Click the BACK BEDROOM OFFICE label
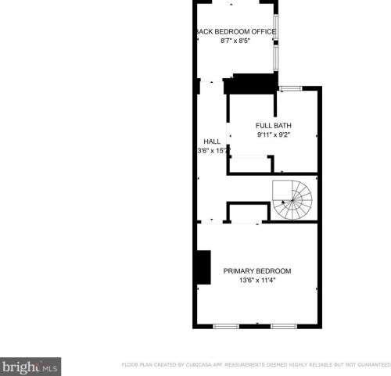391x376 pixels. click(x=235, y=31)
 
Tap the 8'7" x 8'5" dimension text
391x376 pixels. click(x=235, y=41)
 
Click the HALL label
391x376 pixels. click(x=212, y=141)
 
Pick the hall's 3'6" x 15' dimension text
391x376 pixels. click(x=212, y=150)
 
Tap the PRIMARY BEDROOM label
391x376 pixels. click(x=257, y=271)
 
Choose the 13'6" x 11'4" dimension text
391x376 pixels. click(x=257, y=281)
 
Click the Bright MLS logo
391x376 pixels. click(x=30, y=366)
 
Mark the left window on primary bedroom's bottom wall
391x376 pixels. click(x=226, y=325)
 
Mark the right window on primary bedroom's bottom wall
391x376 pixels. click(x=283, y=325)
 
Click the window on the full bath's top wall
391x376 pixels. click(x=291, y=88)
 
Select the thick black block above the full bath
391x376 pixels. click(x=250, y=82)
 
